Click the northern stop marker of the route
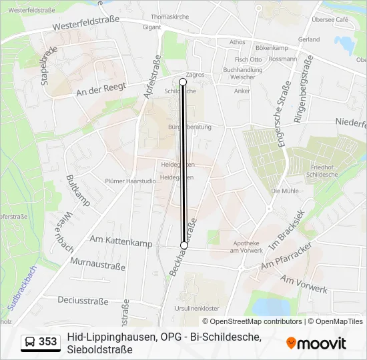pos(183,81)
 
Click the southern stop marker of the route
pos(184,245)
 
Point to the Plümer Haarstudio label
pos(129,179)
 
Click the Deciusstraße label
pos(83,301)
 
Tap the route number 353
pos(48,342)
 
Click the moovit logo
pos(316,343)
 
